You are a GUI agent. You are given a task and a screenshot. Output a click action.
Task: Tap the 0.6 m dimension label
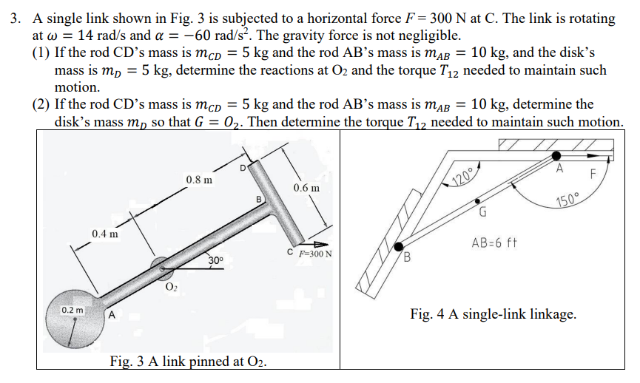tap(306, 189)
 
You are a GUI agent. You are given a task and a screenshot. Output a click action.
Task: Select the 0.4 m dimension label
tap(105, 234)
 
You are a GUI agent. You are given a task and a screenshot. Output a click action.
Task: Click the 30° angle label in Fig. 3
tap(215, 261)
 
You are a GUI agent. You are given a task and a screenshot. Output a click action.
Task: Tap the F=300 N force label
tap(314, 255)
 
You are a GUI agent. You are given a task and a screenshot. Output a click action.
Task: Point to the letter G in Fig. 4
tap(482, 214)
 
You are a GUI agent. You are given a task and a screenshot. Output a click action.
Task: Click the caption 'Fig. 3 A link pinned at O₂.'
tap(188, 362)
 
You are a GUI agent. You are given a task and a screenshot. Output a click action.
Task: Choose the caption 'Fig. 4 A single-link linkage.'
tap(493, 314)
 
